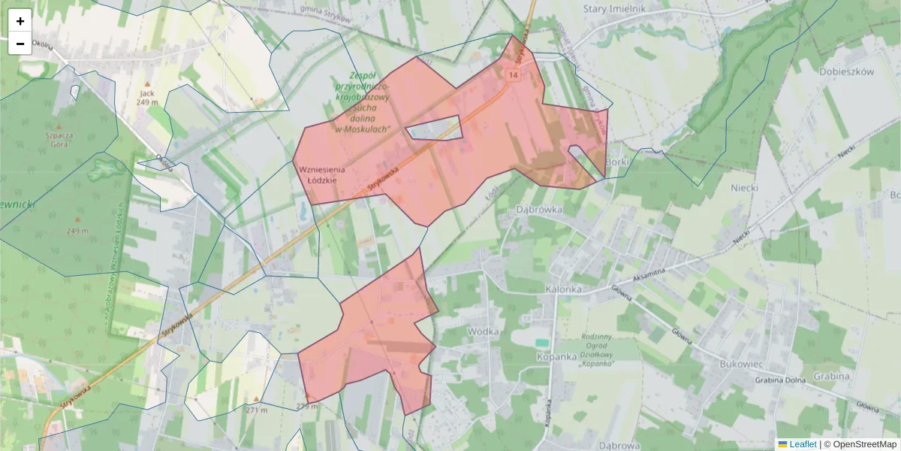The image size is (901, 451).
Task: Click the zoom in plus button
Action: (20, 21)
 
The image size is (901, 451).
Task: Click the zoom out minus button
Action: (20, 44)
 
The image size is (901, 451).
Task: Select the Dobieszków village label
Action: (848, 72)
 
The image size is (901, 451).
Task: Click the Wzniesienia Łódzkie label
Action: (318, 174)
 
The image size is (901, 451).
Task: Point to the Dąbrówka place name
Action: (540, 211)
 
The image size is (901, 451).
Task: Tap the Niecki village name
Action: (747, 187)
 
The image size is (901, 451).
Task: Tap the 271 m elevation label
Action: (256, 410)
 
